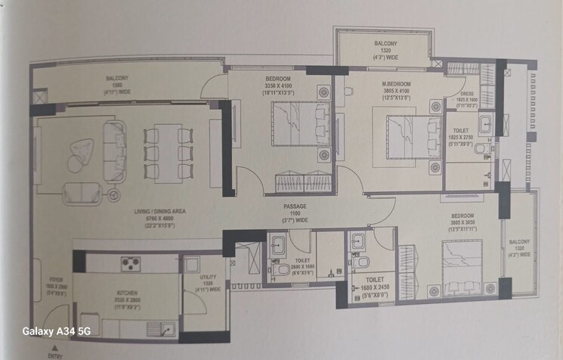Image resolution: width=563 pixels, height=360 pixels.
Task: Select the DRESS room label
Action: [466, 95]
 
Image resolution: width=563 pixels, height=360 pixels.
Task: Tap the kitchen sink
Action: [166, 328]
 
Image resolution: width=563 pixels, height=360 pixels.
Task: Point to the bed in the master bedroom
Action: [410, 136]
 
